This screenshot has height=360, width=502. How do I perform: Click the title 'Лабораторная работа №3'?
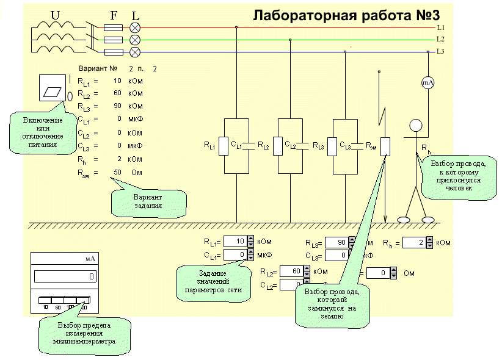[346, 15]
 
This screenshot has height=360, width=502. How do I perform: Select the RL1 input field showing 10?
[235, 242]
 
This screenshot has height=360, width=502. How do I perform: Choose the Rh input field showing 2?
[413, 243]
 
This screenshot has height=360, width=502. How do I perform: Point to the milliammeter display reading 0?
[65, 276]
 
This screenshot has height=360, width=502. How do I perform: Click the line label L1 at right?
[440, 29]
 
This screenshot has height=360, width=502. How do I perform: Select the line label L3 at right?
[440, 51]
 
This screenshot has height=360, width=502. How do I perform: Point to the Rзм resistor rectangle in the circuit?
[385, 146]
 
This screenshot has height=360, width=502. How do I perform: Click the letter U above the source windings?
[54, 14]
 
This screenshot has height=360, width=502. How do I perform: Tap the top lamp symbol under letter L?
[136, 28]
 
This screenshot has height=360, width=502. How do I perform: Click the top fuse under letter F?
[112, 28]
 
